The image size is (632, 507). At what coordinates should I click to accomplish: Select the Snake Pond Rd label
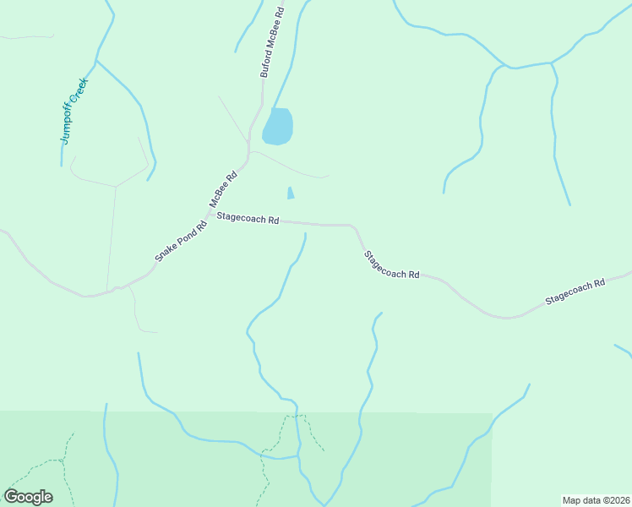tap(181, 241)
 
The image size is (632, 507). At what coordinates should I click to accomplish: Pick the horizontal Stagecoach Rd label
tap(248, 219)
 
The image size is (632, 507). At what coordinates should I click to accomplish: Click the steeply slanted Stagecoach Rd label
tap(391, 264)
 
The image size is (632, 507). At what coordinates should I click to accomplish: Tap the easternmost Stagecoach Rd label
tap(575, 292)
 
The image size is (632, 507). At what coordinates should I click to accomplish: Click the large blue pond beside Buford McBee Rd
tap(278, 127)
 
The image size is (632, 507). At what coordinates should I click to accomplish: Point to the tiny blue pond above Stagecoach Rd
tap(291, 194)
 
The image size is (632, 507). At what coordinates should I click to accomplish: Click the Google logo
tap(28, 497)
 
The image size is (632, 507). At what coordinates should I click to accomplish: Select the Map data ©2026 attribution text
tap(597, 500)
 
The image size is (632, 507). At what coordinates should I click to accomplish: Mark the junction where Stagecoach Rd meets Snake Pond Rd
tap(210, 216)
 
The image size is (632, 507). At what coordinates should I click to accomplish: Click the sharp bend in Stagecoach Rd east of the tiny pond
tap(353, 228)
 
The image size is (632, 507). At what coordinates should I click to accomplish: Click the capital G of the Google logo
tap(12, 497)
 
